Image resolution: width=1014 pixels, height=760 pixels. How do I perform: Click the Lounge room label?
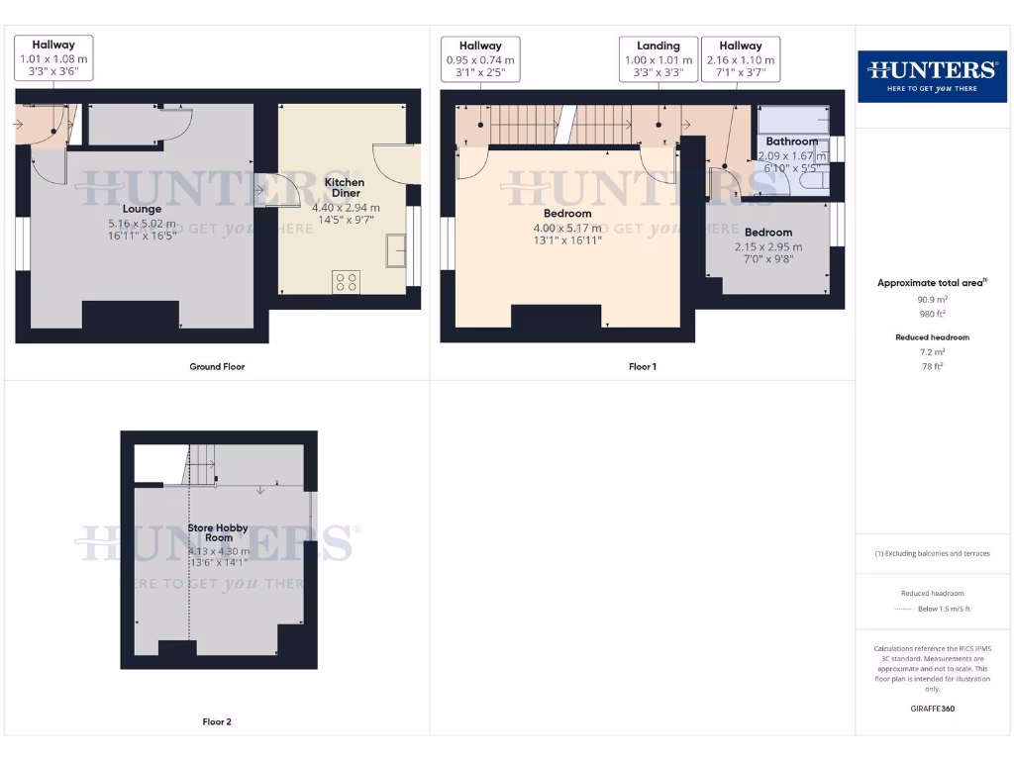tap(143, 209)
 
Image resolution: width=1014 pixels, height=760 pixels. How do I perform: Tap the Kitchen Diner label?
tap(345, 188)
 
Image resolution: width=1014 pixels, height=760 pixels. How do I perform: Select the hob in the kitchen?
tap(348, 281)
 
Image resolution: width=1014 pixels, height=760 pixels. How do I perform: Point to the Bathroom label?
tap(791, 142)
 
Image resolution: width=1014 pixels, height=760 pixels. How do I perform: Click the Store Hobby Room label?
tap(218, 533)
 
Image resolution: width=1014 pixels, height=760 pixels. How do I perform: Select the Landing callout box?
tap(659, 59)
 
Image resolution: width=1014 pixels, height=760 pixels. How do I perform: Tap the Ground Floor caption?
tap(217, 367)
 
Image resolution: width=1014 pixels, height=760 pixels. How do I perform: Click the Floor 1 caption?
tap(642, 367)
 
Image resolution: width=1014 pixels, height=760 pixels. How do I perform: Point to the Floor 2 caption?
tap(217, 722)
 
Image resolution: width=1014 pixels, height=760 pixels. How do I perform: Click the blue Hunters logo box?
tap(931, 76)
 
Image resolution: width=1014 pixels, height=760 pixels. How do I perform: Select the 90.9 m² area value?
tap(931, 298)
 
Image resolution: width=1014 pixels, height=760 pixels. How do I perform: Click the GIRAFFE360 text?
tap(931, 709)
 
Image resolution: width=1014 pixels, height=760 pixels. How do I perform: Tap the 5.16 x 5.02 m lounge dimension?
tap(143, 224)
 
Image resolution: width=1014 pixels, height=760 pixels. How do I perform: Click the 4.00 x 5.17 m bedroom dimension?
tap(567, 228)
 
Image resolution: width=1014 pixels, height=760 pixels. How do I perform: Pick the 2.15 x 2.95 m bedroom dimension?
tap(768, 247)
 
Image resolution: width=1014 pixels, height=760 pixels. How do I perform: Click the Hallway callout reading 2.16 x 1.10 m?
tap(741, 59)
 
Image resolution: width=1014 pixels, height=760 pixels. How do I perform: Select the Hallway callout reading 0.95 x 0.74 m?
tap(480, 59)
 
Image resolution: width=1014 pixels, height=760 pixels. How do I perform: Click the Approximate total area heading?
tap(931, 283)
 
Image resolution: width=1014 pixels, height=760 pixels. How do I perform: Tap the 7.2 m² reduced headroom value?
tap(931, 352)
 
